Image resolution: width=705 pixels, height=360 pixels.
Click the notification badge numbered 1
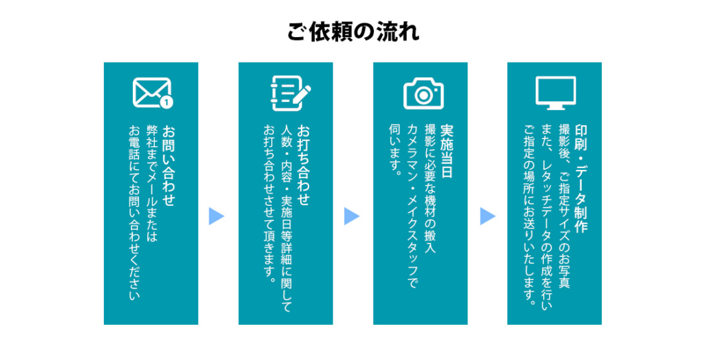click(166, 103)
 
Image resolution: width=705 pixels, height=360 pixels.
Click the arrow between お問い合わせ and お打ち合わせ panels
click(216, 216)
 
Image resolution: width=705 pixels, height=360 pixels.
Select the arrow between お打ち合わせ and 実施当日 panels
click(351, 216)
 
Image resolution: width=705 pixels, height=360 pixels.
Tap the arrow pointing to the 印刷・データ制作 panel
click(487, 216)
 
